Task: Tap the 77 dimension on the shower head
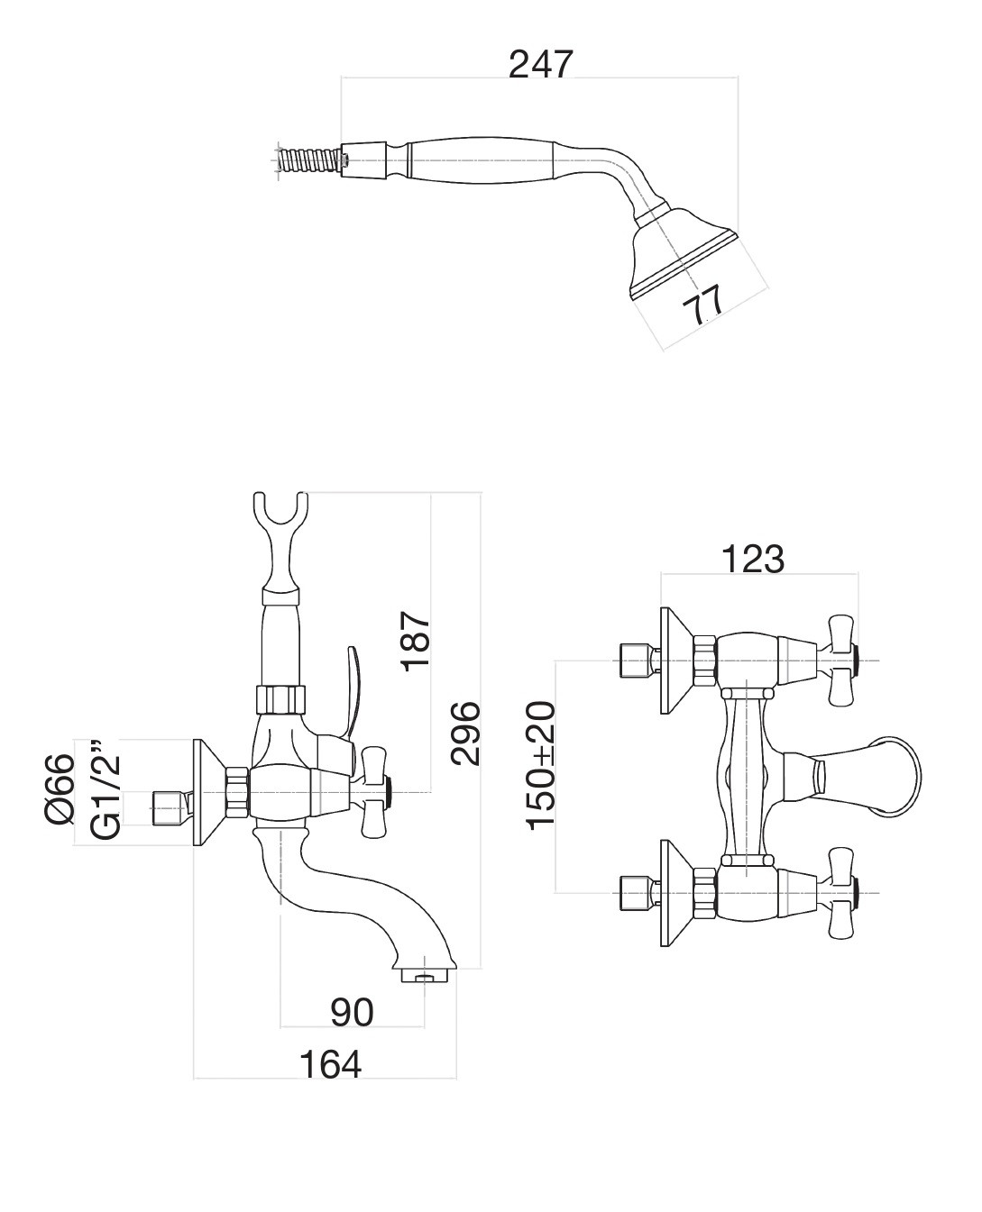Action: (x=702, y=307)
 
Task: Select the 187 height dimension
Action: (x=416, y=640)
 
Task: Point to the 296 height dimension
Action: (x=465, y=733)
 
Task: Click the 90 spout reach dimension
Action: (x=352, y=1012)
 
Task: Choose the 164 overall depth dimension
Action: (x=329, y=1064)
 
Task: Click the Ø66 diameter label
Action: (x=59, y=788)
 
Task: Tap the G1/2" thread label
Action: (x=105, y=790)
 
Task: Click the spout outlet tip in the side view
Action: (x=424, y=976)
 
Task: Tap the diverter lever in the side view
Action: (x=357, y=685)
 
